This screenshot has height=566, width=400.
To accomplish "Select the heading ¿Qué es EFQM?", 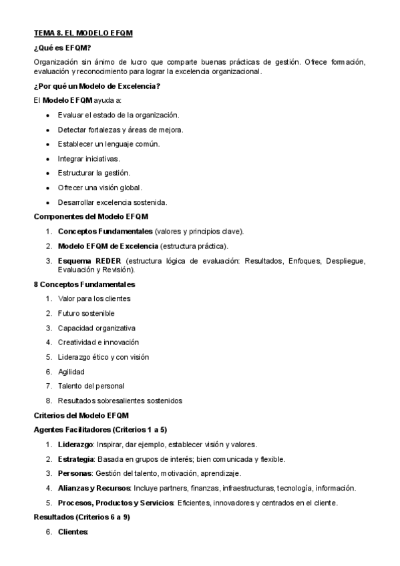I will [x=62, y=47].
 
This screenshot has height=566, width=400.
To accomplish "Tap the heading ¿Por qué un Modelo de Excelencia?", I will [x=96, y=86].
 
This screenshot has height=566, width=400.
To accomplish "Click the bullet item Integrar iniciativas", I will [x=89, y=158].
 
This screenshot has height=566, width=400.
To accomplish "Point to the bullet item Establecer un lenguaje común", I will [x=108, y=144].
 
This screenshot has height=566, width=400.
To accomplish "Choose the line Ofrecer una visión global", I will [x=100, y=187].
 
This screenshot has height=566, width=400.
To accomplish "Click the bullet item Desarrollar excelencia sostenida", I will [x=112, y=202].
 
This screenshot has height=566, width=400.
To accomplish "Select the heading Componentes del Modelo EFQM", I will [x=91, y=216].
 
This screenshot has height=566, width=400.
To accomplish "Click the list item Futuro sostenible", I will [x=86, y=313].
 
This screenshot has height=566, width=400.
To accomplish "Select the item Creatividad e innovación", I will [x=98, y=342].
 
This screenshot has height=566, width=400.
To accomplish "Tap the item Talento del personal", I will [x=91, y=386].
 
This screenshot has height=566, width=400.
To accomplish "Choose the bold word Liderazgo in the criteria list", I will [x=75, y=445].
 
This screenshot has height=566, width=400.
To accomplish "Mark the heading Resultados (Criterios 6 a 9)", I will [x=81, y=517].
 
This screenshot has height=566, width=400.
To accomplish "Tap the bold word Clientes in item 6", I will [x=73, y=532].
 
